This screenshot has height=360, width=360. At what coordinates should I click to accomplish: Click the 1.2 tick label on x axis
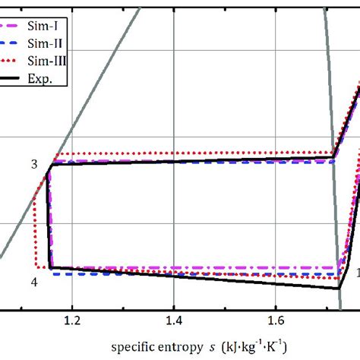pos(72,321)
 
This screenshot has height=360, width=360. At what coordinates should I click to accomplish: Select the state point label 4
pos(34,282)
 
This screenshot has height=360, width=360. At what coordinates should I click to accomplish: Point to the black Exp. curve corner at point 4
pos(50,267)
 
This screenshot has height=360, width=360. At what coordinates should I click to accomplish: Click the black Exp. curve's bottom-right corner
pos(338,288)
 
